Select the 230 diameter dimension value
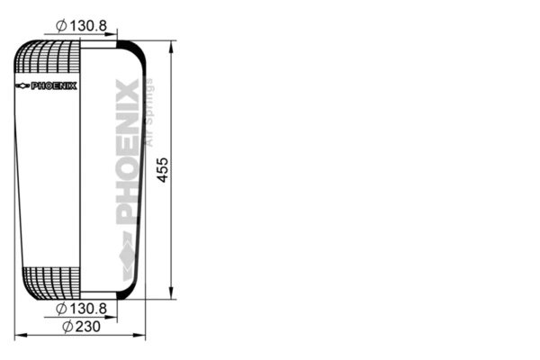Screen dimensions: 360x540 pyautogui.click(x=87, y=326)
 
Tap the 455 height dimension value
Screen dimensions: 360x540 pyautogui.click(x=163, y=167)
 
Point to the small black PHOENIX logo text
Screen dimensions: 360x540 pyautogui.click(x=54, y=86)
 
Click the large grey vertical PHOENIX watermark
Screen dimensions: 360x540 pyautogui.click(x=127, y=153)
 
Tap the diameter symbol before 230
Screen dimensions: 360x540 pyautogui.click(x=67, y=326)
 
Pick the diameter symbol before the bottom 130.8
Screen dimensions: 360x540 pyautogui.click(x=60, y=309)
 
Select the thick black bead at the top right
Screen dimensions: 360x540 pyautogui.click(x=128, y=48)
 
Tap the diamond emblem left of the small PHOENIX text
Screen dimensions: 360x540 pyautogui.click(x=22, y=86)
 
